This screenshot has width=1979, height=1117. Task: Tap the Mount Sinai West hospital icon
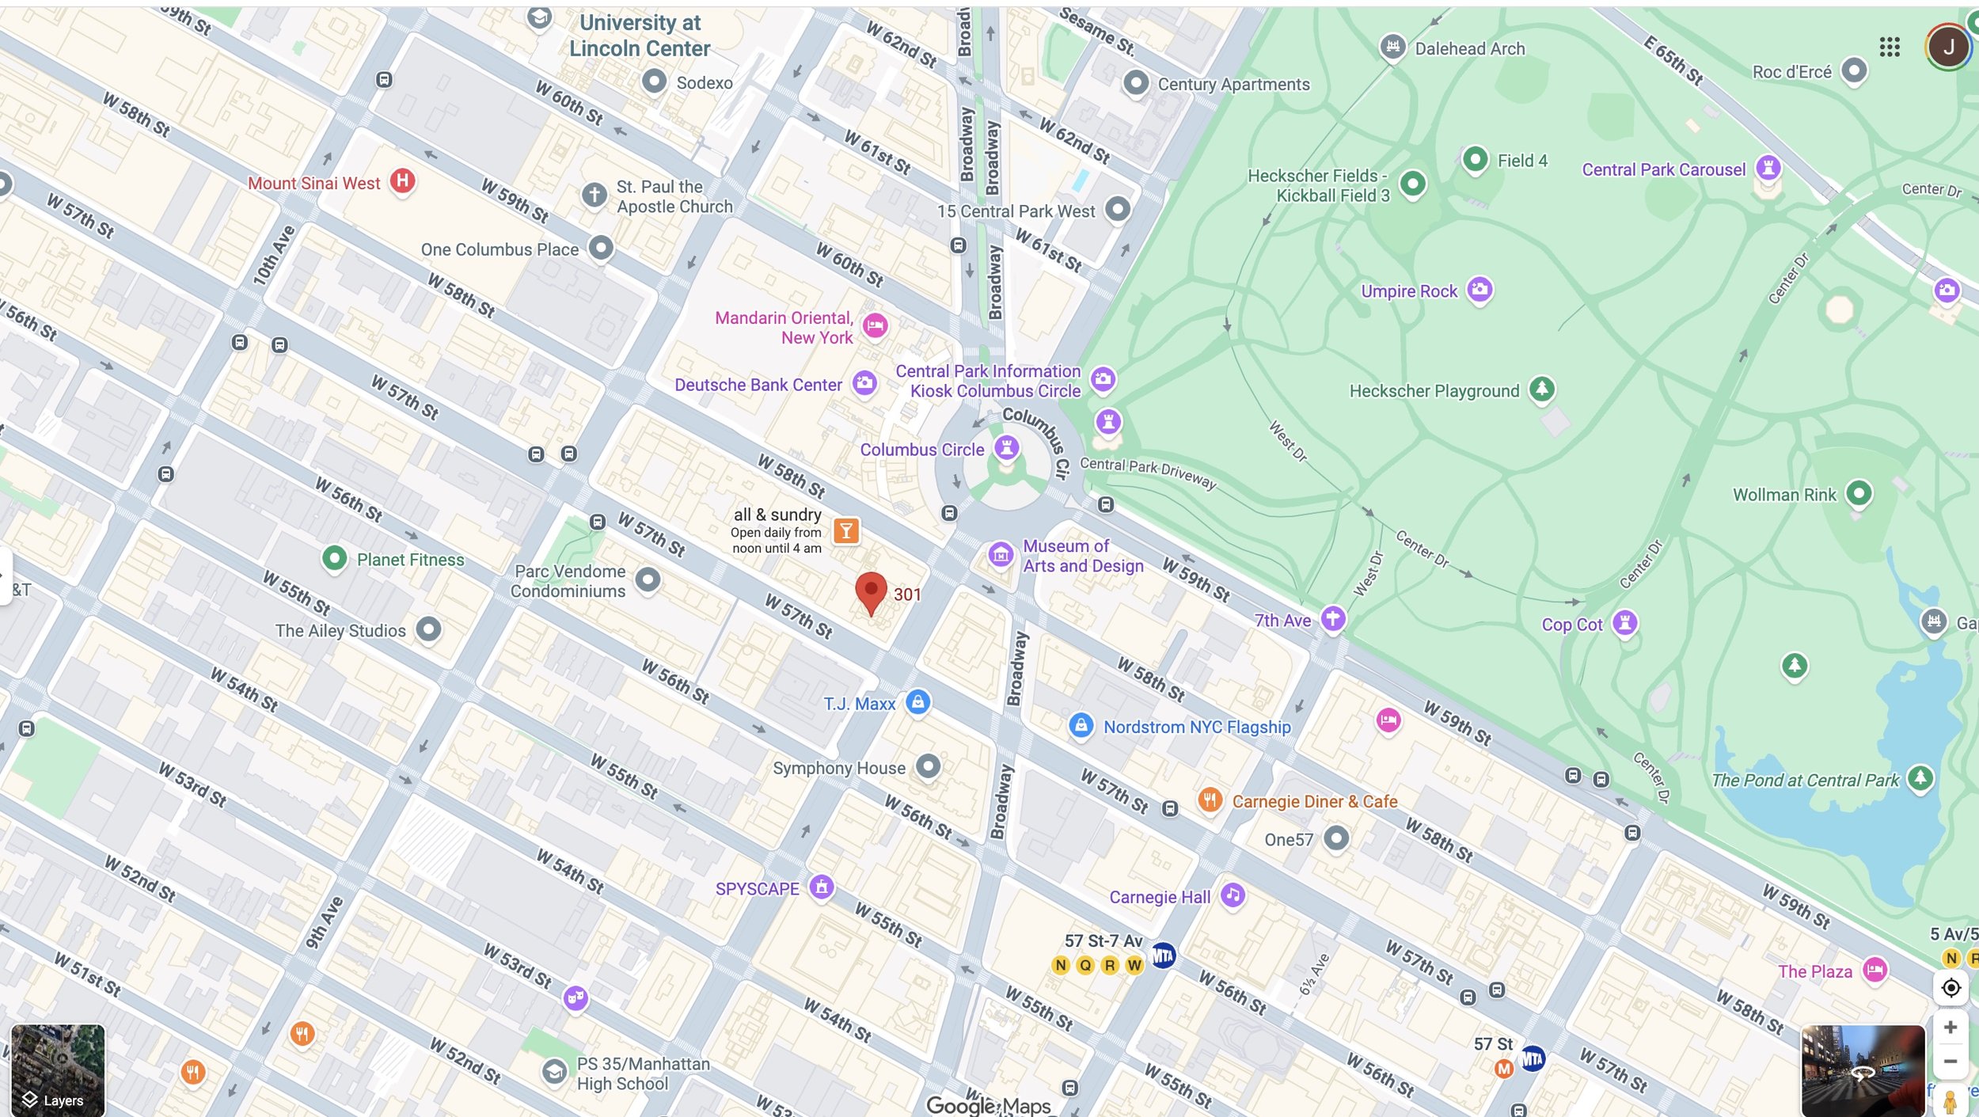[x=402, y=180]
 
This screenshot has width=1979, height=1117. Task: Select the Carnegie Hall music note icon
[x=1233, y=895]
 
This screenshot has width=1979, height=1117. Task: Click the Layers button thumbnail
[x=57, y=1070]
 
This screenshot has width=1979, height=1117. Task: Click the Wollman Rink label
[x=1783, y=495]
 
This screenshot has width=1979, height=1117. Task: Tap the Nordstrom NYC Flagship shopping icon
[x=1081, y=725]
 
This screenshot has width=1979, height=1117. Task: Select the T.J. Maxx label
[x=859, y=704]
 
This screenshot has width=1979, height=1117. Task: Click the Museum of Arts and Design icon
[x=1001, y=554]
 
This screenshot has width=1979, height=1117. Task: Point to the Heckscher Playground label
[x=1434, y=391]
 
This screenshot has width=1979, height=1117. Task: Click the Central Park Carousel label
[x=1663, y=169]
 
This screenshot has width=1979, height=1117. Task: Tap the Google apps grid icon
[x=1890, y=47]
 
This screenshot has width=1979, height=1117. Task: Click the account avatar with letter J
[x=1948, y=47]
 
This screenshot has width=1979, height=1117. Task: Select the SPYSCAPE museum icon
[x=821, y=887]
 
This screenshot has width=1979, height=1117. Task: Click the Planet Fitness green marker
[x=334, y=559]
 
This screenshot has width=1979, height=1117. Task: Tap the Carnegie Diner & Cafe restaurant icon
[x=1210, y=800]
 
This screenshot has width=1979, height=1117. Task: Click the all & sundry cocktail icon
[x=845, y=531]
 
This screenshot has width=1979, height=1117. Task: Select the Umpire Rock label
[x=1408, y=291]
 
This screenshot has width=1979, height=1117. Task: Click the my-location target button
[x=1951, y=988]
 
